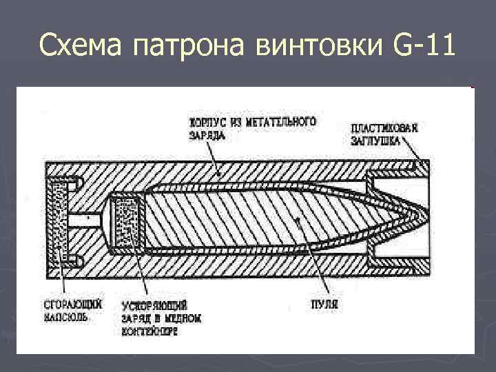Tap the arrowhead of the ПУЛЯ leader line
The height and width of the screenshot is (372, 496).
click(x=295, y=220)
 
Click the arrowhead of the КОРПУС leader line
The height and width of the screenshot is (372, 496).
click(x=218, y=177)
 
